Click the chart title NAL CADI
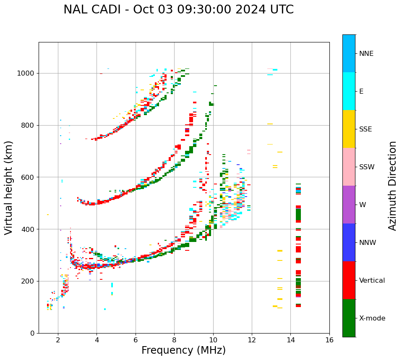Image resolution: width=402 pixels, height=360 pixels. click(x=178, y=10)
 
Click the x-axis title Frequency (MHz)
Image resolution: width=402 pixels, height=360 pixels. click(x=183, y=350)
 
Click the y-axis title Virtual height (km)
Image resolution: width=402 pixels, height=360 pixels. click(x=9, y=188)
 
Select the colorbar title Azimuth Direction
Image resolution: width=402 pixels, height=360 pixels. click(x=392, y=186)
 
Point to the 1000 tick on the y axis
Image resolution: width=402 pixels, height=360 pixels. click(x=28, y=73)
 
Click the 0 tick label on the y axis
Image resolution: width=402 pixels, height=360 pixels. click(x=33, y=333)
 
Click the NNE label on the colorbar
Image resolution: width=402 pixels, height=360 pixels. click(x=366, y=54)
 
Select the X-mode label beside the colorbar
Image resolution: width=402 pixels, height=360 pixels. click(x=372, y=318)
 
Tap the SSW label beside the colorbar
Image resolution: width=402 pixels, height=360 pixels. click(x=366, y=167)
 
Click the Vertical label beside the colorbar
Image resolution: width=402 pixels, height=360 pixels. click(x=372, y=281)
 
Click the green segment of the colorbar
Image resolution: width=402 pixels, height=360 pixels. click(x=349, y=318)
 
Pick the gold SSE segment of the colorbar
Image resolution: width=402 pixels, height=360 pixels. click(x=349, y=129)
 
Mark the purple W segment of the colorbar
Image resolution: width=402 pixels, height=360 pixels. click(x=349, y=205)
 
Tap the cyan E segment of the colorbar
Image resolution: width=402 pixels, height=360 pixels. click(x=349, y=91)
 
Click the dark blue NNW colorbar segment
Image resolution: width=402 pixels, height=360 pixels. click(x=349, y=242)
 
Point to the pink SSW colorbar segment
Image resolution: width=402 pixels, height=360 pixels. click(x=349, y=167)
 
